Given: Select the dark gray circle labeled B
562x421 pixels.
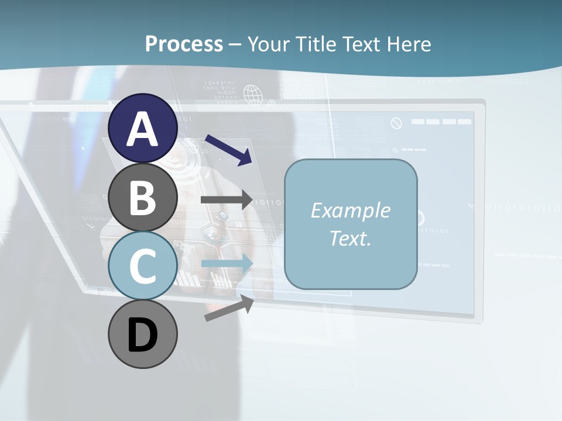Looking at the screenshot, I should point(143,197).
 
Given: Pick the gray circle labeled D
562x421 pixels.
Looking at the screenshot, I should point(143,334).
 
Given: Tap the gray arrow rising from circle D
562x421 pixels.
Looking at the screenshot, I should point(229,308).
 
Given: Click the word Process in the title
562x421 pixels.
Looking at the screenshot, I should point(184,44).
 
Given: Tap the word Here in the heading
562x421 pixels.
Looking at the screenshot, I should point(409,44).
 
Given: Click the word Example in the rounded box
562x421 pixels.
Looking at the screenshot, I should point(350,210).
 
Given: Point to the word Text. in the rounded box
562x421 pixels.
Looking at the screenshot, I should point(350,239).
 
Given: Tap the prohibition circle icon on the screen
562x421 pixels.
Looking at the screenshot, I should point(396,123).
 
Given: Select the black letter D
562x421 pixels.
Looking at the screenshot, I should point(143,335).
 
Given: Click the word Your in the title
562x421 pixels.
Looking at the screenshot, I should point(269,44).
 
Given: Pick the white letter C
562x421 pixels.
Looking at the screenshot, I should point(143,266).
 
